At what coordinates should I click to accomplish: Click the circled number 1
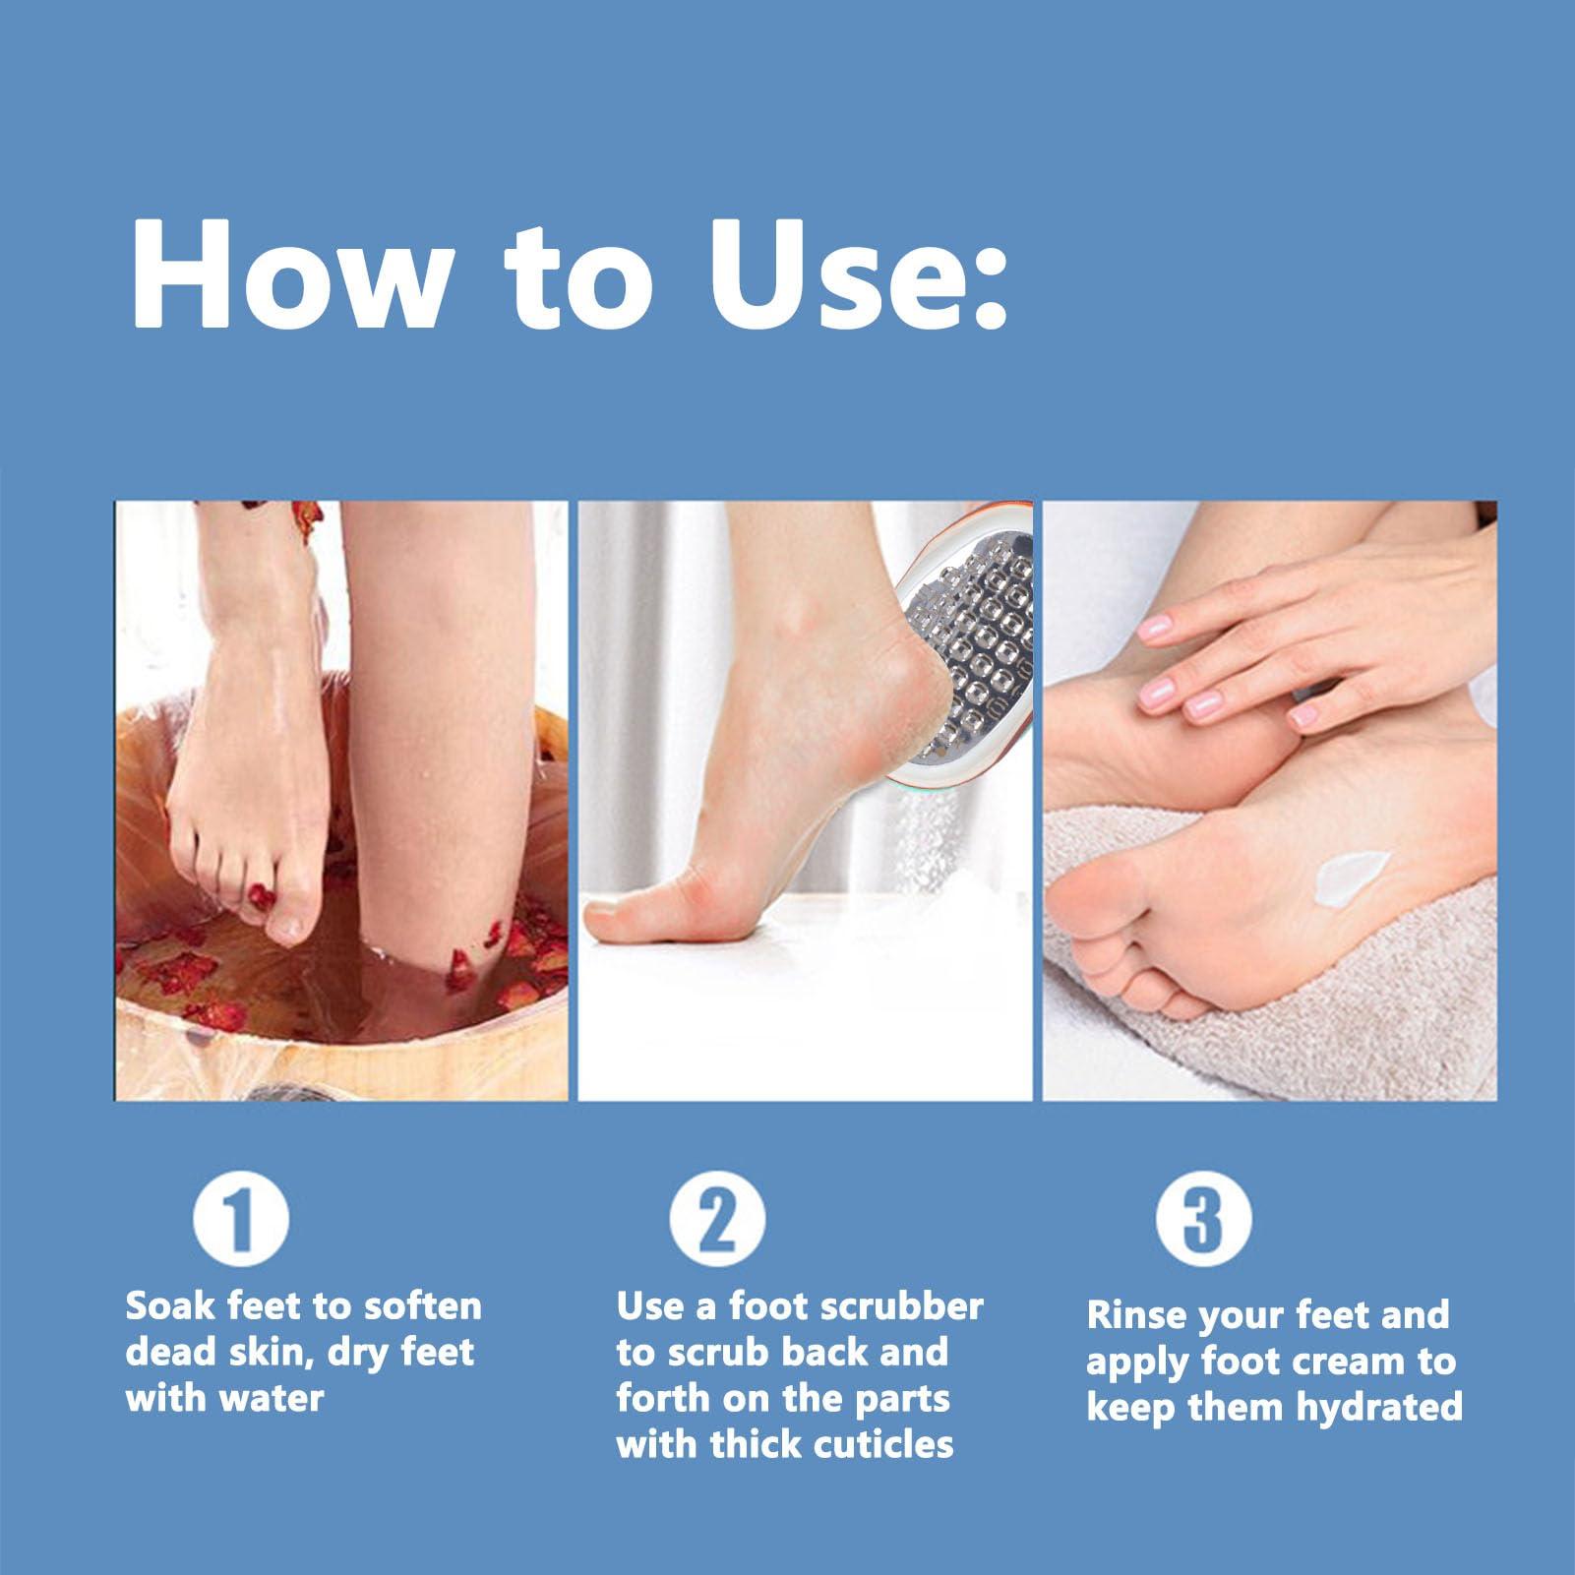coord(241,1221)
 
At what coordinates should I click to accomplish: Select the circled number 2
coord(717,1221)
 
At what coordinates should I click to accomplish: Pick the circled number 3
coord(1203,1221)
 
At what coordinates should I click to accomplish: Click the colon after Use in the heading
coord(991,285)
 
